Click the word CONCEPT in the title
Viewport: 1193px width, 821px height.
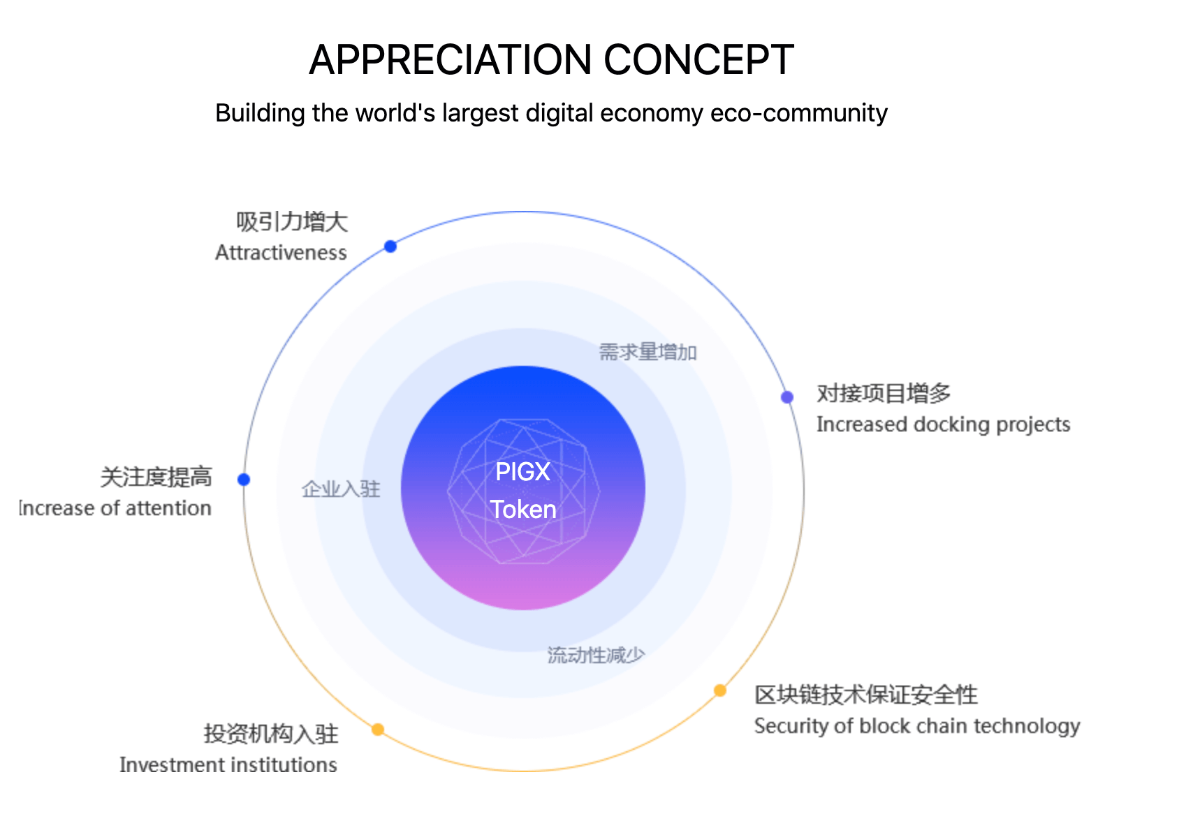click(x=698, y=60)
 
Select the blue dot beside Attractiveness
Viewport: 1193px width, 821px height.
click(x=390, y=246)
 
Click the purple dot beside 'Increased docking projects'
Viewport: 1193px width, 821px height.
click(x=787, y=397)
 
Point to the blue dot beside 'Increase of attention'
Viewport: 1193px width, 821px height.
click(x=244, y=480)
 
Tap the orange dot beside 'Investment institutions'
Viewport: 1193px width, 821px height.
click(x=378, y=730)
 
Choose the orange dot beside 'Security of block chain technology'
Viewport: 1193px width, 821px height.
click(x=720, y=690)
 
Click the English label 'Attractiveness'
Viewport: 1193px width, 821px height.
click(x=281, y=253)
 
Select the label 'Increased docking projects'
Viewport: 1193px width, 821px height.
click(x=943, y=424)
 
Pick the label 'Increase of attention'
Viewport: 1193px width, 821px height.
click(x=115, y=508)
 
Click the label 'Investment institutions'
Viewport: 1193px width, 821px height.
click(x=228, y=765)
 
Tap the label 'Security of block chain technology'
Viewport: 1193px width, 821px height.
click(x=917, y=726)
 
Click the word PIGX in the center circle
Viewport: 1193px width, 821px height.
click(x=522, y=472)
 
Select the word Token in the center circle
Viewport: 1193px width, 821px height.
click(x=522, y=510)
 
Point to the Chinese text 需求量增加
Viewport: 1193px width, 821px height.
click(x=647, y=352)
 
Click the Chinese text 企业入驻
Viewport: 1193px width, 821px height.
click(x=341, y=489)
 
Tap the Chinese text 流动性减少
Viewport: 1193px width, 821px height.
click(x=596, y=655)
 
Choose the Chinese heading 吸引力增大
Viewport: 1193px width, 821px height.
click(x=292, y=222)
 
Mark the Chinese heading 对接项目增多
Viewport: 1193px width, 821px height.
click(x=884, y=394)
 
